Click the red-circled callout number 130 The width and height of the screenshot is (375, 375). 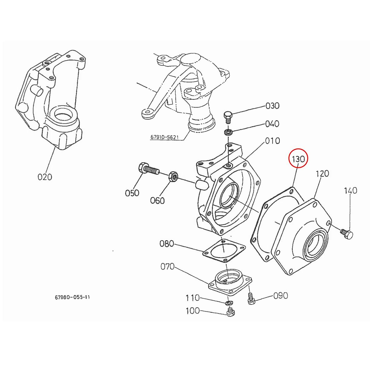coord(298,160)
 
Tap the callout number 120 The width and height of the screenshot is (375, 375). coord(322,173)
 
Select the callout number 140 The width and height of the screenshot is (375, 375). coord(350,191)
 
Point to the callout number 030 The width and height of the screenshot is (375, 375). coord(272,106)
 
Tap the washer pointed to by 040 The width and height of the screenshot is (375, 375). coord(228,132)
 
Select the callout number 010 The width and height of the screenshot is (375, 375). coord(272,141)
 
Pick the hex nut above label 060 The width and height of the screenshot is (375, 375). coord(173,177)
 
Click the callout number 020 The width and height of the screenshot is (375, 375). coord(45,177)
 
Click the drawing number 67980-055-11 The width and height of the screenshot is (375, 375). coord(72,297)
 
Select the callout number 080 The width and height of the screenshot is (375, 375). coord(167,243)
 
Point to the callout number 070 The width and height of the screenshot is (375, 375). coord(167,267)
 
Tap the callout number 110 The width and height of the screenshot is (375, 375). coord(192,298)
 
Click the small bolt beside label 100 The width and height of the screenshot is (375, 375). coord(230,312)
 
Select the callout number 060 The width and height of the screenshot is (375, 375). coord(157,200)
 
